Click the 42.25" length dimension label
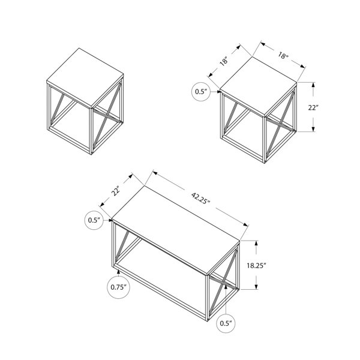pos(200,199)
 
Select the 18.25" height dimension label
pos(256,266)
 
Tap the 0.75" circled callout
pos(119,287)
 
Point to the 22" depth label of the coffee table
pos(116,190)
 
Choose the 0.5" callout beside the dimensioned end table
pos(201,92)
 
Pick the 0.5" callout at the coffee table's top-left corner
pos(94,220)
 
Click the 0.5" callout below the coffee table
pos(226,323)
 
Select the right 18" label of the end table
pos(283,55)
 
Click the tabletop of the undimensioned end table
pos(85,77)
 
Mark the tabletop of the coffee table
pos(176,230)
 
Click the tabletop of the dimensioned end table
pos(259,86)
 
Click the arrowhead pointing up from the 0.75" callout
pos(118,272)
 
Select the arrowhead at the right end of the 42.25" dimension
pos(246,224)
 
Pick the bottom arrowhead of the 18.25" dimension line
pos(256,287)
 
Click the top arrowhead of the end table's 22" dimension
pos(313,85)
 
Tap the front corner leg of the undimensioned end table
pos(91,131)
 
